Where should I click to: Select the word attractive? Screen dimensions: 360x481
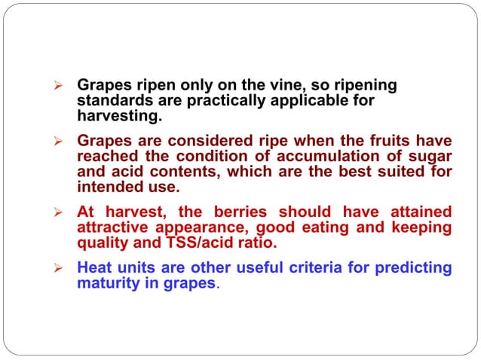point(114,227)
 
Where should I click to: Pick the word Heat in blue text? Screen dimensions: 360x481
point(93,267)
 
